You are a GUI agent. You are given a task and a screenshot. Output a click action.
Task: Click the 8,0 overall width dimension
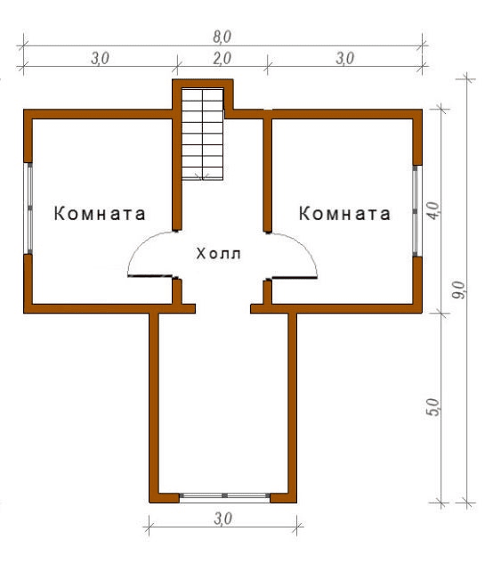222,37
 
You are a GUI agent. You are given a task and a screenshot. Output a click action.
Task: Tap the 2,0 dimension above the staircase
222,58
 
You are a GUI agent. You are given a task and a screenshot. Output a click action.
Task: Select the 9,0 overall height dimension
458,290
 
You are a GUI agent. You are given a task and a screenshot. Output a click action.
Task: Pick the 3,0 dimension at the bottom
223,519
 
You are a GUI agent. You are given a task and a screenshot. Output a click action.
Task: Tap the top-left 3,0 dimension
100,58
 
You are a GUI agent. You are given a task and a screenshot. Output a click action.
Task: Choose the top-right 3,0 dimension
345,58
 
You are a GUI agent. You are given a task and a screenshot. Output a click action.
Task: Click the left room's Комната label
100,213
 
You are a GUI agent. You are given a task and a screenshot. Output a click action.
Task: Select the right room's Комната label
344,213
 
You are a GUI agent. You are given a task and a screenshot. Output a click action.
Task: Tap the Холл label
218,254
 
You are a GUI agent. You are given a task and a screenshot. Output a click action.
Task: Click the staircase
203,134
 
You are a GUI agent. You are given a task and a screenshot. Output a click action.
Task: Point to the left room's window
28,208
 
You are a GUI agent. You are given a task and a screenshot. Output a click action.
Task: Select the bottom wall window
224,495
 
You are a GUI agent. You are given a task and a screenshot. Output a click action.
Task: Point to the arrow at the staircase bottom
203,176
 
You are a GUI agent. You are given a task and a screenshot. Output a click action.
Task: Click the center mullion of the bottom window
224,495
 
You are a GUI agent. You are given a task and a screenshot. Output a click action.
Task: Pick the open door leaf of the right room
295,278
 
